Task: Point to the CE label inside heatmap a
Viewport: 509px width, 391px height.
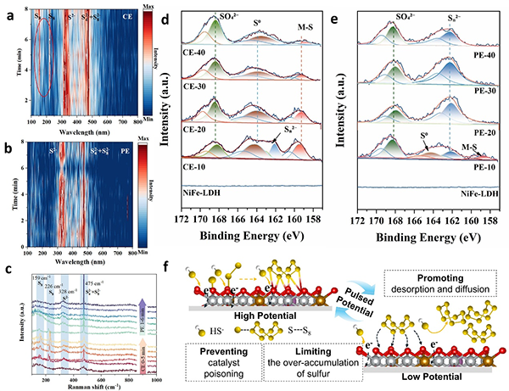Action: coord(126,16)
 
